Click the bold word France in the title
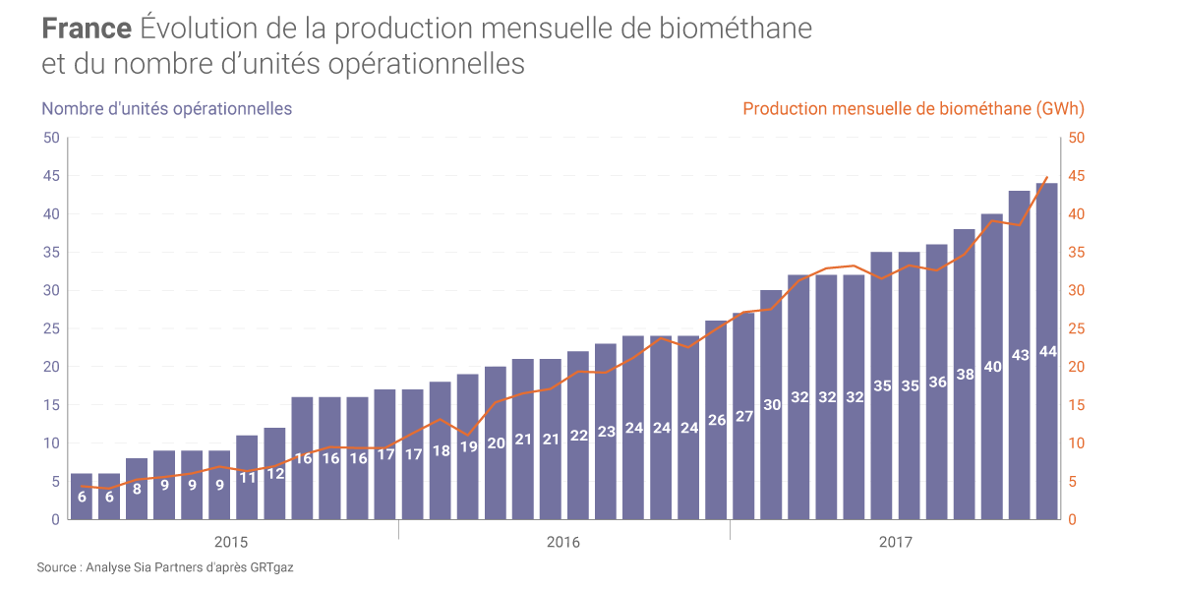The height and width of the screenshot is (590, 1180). tap(87, 29)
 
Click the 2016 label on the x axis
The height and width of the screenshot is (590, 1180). tap(562, 543)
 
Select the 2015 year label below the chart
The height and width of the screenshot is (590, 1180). tap(230, 543)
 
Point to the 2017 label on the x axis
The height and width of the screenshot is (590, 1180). tap(895, 543)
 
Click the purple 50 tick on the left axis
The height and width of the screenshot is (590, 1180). tap(51, 138)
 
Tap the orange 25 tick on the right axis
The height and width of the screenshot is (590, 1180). tap(1076, 328)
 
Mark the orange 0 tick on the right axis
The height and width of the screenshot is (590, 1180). tap(1072, 519)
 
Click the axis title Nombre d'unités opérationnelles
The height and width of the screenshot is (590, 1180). tap(166, 109)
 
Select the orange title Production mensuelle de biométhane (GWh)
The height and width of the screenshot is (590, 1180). tap(914, 109)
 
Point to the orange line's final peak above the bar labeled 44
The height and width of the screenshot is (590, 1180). tap(1047, 177)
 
